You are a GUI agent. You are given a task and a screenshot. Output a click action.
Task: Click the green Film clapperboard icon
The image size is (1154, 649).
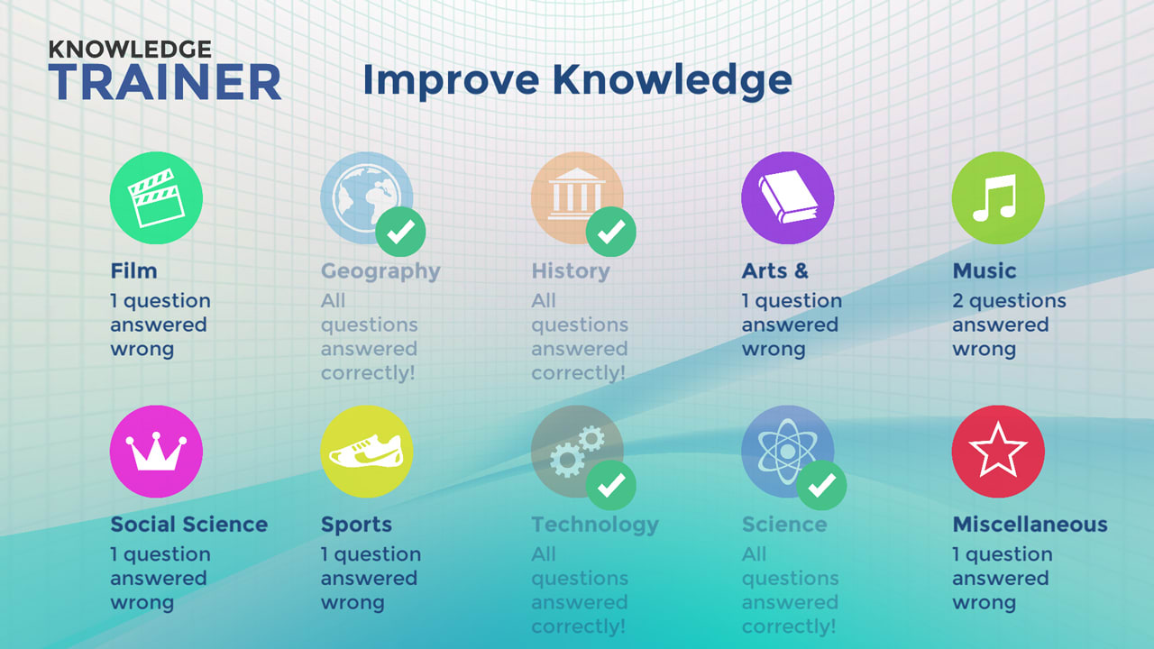[156, 197]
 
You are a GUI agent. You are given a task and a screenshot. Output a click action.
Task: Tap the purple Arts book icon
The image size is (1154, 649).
[787, 197]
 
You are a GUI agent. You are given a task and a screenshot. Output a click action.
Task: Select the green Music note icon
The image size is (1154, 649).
[998, 197]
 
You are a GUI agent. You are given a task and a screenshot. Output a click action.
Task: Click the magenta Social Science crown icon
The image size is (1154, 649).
[156, 451]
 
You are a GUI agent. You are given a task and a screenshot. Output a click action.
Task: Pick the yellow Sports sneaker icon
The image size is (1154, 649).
[367, 451]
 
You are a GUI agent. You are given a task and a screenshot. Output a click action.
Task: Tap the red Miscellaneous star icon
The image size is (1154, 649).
[998, 451]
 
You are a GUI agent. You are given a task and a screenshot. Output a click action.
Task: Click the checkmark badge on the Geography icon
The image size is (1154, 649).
[400, 233]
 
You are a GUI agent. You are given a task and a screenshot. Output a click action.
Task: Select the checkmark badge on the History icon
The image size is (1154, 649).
[611, 233]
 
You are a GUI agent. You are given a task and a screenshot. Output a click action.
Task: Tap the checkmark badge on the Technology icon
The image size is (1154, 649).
[611, 486]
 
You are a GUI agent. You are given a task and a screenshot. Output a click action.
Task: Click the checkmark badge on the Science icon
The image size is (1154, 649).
[821, 486]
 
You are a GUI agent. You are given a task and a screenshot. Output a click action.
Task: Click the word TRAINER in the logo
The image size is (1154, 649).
[165, 83]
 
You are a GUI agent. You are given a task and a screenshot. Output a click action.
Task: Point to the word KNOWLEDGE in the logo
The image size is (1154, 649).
[130, 49]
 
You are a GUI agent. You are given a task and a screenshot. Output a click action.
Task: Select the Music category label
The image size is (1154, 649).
[984, 271]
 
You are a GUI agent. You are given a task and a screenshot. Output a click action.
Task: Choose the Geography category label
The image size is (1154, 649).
[380, 271]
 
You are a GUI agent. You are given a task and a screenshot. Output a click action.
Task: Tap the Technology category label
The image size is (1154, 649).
[595, 525]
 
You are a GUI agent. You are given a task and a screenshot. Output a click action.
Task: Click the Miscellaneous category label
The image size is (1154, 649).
[1030, 525]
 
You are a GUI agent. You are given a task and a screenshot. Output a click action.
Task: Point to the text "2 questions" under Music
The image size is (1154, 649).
[1009, 301]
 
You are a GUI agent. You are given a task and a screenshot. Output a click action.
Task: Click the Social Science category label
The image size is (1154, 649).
[189, 525]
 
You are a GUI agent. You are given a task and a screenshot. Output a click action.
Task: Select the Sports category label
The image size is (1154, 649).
[356, 525]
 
